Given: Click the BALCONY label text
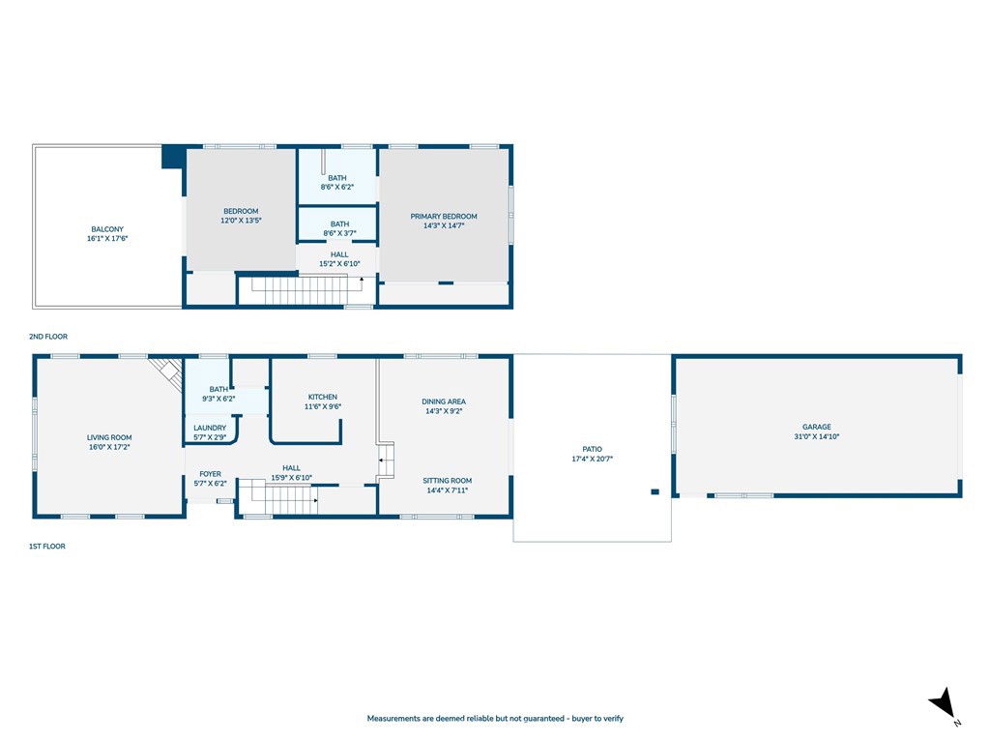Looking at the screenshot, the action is click(107, 229).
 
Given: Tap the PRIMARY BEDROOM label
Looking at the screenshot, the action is click(444, 216).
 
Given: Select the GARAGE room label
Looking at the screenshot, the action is click(817, 427).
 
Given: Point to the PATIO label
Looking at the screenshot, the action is click(593, 449).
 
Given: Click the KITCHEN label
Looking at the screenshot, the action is click(323, 397).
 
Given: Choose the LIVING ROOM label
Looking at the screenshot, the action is click(109, 437).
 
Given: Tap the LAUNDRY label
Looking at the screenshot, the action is click(210, 428).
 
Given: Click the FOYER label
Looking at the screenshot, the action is click(210, 474).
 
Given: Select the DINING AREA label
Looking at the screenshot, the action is click(444, 401).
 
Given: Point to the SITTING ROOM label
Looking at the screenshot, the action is click(448, 480).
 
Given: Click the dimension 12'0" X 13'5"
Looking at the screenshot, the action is click(241, 221).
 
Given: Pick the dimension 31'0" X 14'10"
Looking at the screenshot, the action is click(817, 436).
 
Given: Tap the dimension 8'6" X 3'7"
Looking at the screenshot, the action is click(339, 233).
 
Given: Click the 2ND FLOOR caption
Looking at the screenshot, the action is click(48, 337).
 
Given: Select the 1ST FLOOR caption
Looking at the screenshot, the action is click(47, 547).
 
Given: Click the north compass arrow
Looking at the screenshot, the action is click(943, 702).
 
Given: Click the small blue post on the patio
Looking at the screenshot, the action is click(655, 491).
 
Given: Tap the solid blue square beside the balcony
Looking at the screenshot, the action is click(173, 157).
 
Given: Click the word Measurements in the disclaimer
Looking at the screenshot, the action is click(394, 719).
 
